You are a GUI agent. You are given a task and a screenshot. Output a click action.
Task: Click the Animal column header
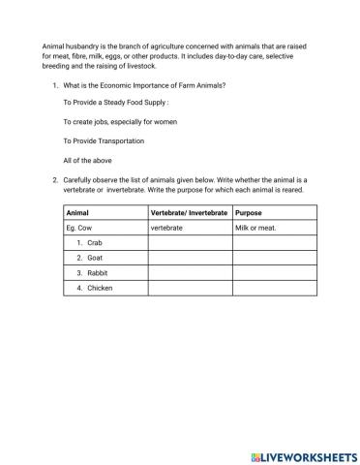tap(77, 212)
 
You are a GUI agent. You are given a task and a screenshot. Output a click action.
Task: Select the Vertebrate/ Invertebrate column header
tap(189, 212)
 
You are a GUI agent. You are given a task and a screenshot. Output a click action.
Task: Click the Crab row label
tap(94, 243)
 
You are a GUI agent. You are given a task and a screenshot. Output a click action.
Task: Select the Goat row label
tap(94, 259)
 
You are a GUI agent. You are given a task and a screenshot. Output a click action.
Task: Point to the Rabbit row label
tap(96, 273)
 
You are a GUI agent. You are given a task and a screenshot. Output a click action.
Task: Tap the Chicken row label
tap(99, 289)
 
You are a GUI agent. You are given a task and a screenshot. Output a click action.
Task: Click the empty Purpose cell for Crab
tap(270, 243)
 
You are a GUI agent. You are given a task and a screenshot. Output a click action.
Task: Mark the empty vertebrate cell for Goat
tap(190, 259)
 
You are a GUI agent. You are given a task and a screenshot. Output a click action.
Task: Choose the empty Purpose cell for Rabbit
tap(270, 273)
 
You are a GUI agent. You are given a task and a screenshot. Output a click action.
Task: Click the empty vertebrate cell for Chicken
tap(190, 289)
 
